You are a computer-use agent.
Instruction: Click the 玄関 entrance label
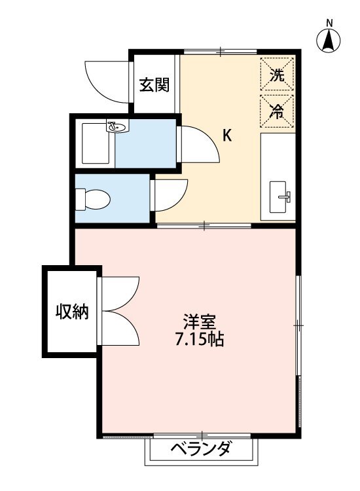154,84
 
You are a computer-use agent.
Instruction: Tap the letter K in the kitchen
227,136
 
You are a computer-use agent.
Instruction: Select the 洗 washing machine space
277,74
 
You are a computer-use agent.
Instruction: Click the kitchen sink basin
278,197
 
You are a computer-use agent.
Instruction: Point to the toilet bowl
94,199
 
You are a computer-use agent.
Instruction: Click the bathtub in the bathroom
96,143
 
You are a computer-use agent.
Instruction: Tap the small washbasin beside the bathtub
117,126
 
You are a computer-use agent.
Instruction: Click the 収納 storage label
72,311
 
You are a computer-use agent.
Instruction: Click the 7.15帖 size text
200,339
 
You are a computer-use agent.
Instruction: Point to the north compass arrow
329,41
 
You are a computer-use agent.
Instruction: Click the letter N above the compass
329,22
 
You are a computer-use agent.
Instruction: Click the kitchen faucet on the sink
287,196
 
